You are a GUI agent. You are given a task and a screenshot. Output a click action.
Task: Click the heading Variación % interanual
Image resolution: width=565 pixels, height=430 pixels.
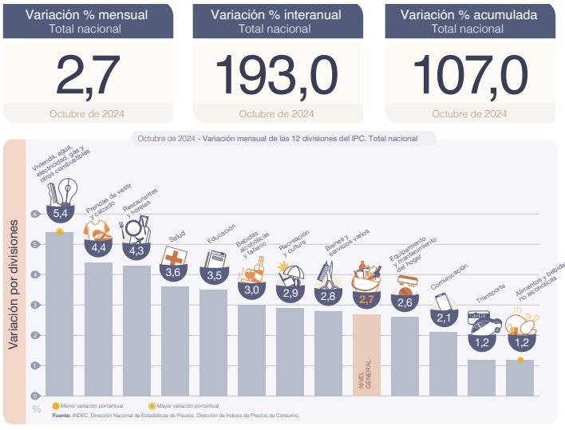[276, 14]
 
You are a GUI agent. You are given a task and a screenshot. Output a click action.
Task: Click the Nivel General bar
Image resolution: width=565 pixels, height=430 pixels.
[366, 355]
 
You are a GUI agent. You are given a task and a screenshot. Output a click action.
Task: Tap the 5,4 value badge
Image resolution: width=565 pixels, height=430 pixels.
[60, 213]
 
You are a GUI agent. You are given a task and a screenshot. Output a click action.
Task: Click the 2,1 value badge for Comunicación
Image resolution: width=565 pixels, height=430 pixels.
[443, 318]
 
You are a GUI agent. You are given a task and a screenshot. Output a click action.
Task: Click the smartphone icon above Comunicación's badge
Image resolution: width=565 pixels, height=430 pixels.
[443, 301]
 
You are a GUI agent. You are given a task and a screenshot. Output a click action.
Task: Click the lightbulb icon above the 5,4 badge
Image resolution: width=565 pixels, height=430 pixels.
[69, 190]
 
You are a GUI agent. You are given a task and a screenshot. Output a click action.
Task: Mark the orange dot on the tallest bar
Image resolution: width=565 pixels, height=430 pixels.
[60, 231]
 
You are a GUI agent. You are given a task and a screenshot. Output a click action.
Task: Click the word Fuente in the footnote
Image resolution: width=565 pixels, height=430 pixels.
[61, 416]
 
